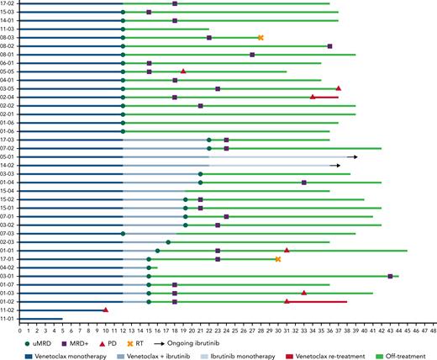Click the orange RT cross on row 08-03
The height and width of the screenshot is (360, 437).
coord(261,38)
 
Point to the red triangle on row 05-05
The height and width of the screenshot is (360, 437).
coord(183,71)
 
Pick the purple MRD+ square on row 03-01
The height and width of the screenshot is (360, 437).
coord(390,276)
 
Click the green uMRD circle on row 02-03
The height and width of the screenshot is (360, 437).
coord(168,242)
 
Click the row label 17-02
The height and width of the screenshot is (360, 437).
coord(8,4)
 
